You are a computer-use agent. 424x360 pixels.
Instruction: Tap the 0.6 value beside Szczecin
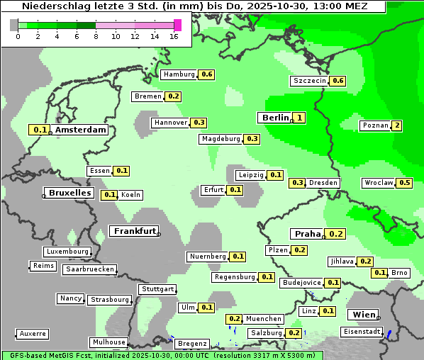point(338,81)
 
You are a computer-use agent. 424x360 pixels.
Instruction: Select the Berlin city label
point(275,118)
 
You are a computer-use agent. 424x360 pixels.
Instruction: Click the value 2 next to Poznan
point(397,126)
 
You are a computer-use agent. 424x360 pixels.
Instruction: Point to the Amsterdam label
point(81,130)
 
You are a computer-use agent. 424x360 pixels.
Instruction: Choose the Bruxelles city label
point(69,193)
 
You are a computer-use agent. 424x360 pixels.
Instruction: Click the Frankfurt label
point(134,231)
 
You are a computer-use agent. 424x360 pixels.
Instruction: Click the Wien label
point(362,315)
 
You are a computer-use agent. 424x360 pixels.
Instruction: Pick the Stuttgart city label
point(157,289)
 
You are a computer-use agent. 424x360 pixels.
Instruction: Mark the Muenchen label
point(264,320)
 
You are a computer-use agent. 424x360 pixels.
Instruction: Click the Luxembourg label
point(67,252)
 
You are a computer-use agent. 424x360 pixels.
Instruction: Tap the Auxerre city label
point(33,333)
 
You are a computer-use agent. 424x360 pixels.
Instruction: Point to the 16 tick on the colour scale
point(174,35)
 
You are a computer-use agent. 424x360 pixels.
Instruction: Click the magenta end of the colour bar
point(177,25)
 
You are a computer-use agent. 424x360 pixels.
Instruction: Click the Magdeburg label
point(221,139)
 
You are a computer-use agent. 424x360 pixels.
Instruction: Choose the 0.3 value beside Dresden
point(298,183)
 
